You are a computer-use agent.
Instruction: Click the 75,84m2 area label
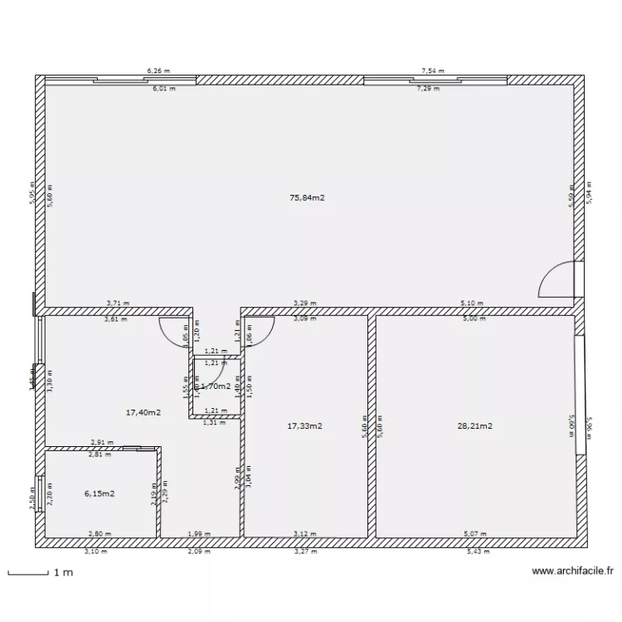click(x=307, y=198)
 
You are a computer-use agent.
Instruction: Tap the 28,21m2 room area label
click(x=474, y=426)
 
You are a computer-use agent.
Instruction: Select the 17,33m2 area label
click(x=304, y=426)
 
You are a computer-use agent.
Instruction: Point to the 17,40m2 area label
click(x=143, y=412)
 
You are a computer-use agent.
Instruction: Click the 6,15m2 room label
click(x=100, y=493)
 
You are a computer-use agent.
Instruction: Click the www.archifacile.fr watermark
click(x=572, y=571)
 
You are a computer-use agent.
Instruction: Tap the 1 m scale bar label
click(x=62, y=573)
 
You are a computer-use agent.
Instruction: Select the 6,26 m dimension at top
click(x=158, y=71)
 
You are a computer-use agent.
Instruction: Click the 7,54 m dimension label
click(x=433, y=71)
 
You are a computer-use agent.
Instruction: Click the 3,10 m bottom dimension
click(x=96, y=551)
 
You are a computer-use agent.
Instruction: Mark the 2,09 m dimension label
click(x=199, y=551)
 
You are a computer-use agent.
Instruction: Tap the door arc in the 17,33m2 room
click(x=260, y=330)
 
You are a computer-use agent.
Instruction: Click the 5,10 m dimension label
click(x=473, y=304)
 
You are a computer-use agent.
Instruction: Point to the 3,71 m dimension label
click(x=118, y=304)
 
